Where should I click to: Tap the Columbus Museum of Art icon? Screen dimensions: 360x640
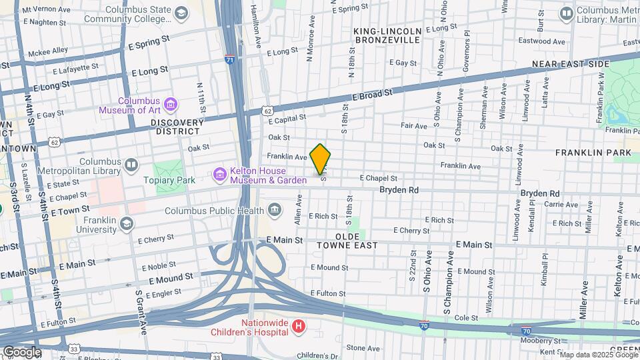click(x=171, y=104)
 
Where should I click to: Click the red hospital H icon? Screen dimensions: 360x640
click(x=299, y=326)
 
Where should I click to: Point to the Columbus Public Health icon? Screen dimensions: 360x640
click(x=275, y=211)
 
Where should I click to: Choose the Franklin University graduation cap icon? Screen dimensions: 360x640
click(x=127, y=223)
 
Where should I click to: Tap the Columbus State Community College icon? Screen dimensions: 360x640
click(x=181, y=13)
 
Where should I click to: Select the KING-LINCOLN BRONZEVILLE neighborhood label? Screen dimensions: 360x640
click(x=387, y=35)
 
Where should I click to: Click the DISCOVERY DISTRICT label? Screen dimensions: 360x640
click(x=177, y=127)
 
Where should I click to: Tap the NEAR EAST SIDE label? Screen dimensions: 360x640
click(x=571, y=64)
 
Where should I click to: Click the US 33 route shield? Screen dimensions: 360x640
click(x=74, y=348)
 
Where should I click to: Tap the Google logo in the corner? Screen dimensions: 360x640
click(x=22, y=351)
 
